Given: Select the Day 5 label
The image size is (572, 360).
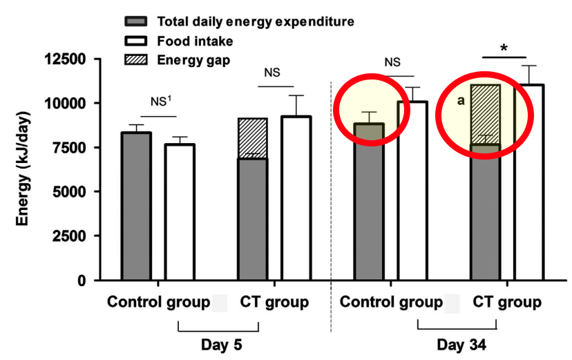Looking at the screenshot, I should point(219,343).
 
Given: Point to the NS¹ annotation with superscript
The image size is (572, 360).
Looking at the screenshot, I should point(162,101).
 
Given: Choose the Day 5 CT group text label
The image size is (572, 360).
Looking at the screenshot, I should point(274,303).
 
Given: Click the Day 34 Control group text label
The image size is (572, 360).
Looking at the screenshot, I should point(391,303).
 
